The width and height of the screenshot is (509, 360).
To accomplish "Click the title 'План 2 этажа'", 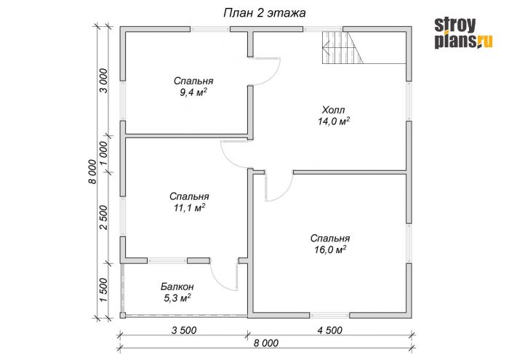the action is (265, 13).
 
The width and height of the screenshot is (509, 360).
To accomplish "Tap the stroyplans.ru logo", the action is (463, 33).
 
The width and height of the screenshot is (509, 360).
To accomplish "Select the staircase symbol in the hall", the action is (342, 47).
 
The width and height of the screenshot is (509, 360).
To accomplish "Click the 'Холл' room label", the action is (333, 110).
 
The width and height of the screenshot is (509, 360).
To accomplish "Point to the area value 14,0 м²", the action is (334, 121).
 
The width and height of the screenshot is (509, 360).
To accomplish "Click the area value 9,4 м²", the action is (193, 92).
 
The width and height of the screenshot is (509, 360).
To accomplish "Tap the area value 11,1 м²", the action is (189, 208).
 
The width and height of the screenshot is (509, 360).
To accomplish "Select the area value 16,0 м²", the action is (330, 249).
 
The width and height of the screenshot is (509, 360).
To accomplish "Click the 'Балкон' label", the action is (177, 287).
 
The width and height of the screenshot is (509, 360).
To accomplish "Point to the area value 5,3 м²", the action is (177, 298).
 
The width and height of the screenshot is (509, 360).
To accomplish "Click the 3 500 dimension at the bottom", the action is (184, 330).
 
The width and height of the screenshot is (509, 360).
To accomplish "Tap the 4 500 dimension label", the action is (330, 330).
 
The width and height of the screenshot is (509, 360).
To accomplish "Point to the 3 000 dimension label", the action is (103, 81).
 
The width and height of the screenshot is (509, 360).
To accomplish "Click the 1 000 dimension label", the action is (103, 153).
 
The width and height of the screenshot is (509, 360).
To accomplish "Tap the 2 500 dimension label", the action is (103, 217).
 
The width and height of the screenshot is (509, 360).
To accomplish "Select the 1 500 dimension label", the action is (103, 290).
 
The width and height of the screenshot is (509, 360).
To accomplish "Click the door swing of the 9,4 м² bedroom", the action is (275, 77).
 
